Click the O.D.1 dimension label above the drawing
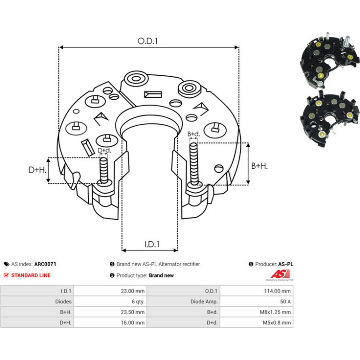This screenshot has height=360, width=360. pos(147,41)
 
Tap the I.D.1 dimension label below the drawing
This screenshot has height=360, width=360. pos(152,244)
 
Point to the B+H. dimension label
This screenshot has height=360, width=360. pos(259,166)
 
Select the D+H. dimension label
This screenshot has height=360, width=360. pos(37,170)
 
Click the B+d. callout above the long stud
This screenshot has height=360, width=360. pos(194,134)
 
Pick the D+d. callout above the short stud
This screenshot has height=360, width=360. pos(104,151)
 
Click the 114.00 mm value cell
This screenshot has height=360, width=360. pos(277,291)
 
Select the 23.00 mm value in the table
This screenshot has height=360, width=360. pos(133,291)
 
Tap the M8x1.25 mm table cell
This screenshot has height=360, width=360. pos(275,312)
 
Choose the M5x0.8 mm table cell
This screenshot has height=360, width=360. pos(277,323)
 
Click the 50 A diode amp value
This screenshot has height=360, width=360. pos(285,302)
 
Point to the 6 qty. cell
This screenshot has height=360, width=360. pos(138,302)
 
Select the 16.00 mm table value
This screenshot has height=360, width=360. pos(133,323)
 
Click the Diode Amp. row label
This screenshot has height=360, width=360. pos(204,302)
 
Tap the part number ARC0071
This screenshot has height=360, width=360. pos(45,264)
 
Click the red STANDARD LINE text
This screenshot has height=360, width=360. pos(31,275)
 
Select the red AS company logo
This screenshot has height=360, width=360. pos(280,274)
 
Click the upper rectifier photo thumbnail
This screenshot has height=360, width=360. pos(329,61)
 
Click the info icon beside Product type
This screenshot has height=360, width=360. pos(112,275)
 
